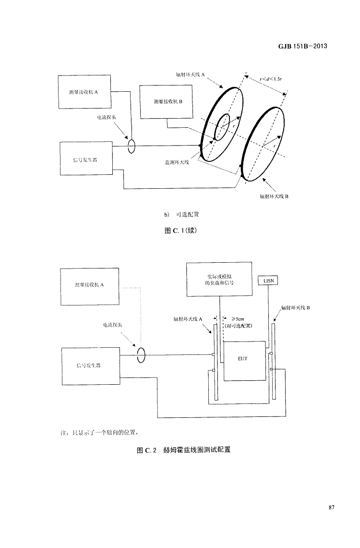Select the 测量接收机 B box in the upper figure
(x=166, y=101)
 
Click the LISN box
(x=268, y=280)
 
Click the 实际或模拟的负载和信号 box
(x=219, y=279)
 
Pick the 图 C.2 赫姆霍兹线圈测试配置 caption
(x=180, y=450)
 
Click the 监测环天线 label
(x=177, y=162)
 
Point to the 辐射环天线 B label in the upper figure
(x=273, y=196)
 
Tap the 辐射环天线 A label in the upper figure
(x=191, y=75)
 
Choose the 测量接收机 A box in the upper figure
(x=84, y=92)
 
